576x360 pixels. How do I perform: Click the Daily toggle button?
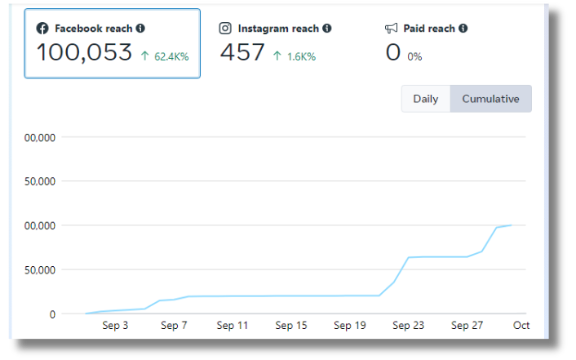[425, 99]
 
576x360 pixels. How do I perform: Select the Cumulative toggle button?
[490, 99]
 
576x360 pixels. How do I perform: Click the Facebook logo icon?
[42, 29]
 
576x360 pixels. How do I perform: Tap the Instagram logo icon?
[226, 29]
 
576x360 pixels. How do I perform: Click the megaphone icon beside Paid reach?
[392, 29]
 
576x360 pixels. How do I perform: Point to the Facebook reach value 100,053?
[84, 53]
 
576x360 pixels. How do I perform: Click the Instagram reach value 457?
[242, 53]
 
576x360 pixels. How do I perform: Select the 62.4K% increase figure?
[166, 57]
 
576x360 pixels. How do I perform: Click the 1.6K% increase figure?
[299, 57]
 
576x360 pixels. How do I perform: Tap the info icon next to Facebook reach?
[140, 29]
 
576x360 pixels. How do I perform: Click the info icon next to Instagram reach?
[327, 29]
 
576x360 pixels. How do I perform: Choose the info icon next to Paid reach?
[463, 29]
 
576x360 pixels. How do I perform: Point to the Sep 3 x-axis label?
[115, 326]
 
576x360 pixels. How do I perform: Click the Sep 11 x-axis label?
[232, 326]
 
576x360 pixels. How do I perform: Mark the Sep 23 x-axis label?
[408, 326]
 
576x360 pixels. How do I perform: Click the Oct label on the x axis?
[521, 326]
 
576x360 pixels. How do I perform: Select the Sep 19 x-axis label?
[349, 326]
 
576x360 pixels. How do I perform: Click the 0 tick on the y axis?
[51, 313]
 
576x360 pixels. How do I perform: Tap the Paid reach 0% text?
[415, 57]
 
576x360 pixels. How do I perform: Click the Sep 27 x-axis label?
[467, 326]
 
